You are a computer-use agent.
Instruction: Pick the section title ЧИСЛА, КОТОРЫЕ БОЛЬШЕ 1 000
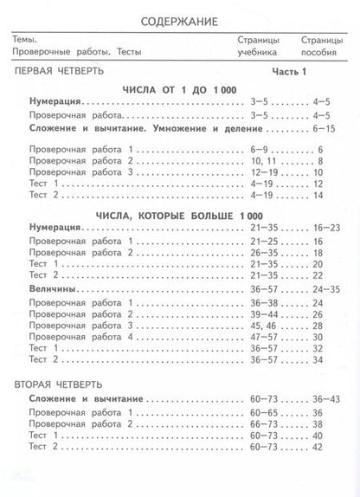(180, 215)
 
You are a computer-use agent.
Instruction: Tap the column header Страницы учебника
(257, 46)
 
